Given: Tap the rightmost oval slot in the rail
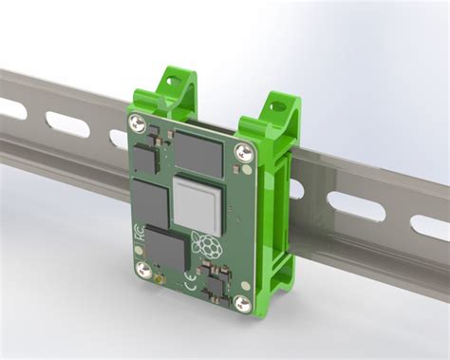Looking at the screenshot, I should point(429,227).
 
